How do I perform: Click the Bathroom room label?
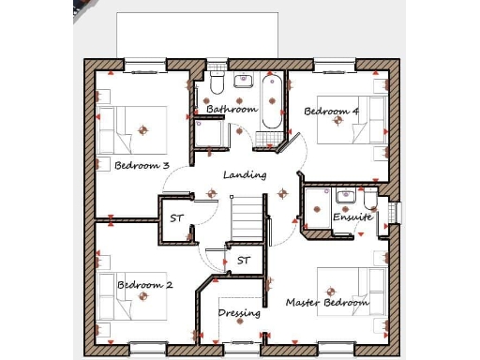point(232,110)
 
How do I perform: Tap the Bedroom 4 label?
point(331,112)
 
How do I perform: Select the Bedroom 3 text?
point(142,166)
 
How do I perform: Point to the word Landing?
point(245,174)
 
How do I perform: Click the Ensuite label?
point(352,217)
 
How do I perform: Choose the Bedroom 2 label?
point(144,284)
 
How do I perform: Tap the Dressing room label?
point(239,313)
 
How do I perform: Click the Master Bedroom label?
point(327,303)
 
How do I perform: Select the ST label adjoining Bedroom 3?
point(176,218)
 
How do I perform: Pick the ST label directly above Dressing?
point(244,260)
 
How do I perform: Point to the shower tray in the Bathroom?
point(215,134)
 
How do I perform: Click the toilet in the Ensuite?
point(370,200)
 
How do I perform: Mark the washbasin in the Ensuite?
point(345,197)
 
